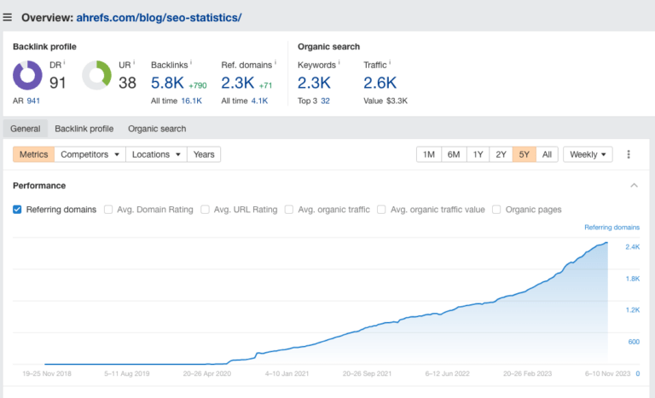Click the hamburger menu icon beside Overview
point(8,17)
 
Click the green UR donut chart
point(97,76)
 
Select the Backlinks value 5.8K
point(167,83)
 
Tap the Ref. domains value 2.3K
point(237,83)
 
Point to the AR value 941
point(33,101)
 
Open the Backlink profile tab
point(84,129)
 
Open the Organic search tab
point(157,129)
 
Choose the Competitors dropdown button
point(90,154)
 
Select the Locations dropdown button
point(157,154)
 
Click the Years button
point(204,154)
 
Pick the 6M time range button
point(454,154)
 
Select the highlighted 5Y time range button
point(525,154)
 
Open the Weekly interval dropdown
point(588,154)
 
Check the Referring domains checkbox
point(17,210)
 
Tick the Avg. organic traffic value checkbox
point(382,210)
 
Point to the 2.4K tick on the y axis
point(633,247)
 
